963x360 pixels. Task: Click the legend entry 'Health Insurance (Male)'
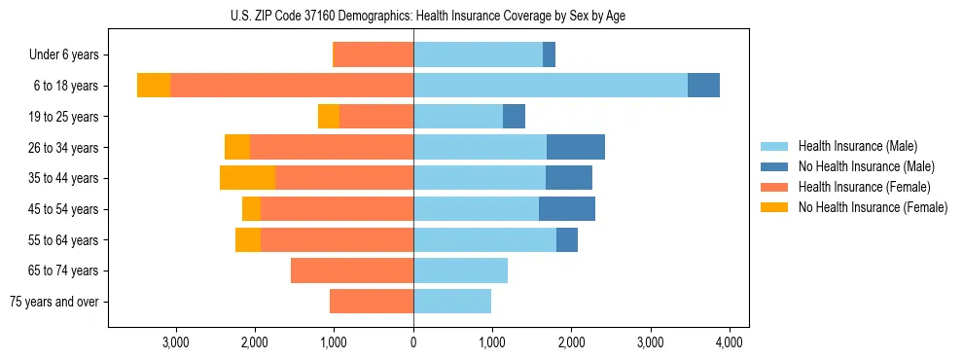click(x=857, y=146)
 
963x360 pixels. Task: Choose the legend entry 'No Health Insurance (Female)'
click(x=873, y=207)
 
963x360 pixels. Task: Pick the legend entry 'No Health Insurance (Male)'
click(x=866, y=166)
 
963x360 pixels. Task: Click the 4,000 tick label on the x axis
click(x=730, y=342)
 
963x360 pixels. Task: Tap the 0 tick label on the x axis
click(x=413, y=342)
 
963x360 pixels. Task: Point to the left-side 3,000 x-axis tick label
click(x=175, y=342)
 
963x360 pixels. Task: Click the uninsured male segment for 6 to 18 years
click(x=703, y=86)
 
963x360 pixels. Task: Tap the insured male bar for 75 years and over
click(x=452, y=302)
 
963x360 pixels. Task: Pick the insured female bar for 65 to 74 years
click(x=352, y=270)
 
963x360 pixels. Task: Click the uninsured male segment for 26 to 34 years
click(x=576, y=147)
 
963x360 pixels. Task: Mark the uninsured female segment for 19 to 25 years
click(x=329, y=117)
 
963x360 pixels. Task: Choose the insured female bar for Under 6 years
click(x=374, y=55)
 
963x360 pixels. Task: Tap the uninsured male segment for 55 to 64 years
click(x=567, y=239)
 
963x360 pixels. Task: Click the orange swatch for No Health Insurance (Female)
click(x=774, y=207)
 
